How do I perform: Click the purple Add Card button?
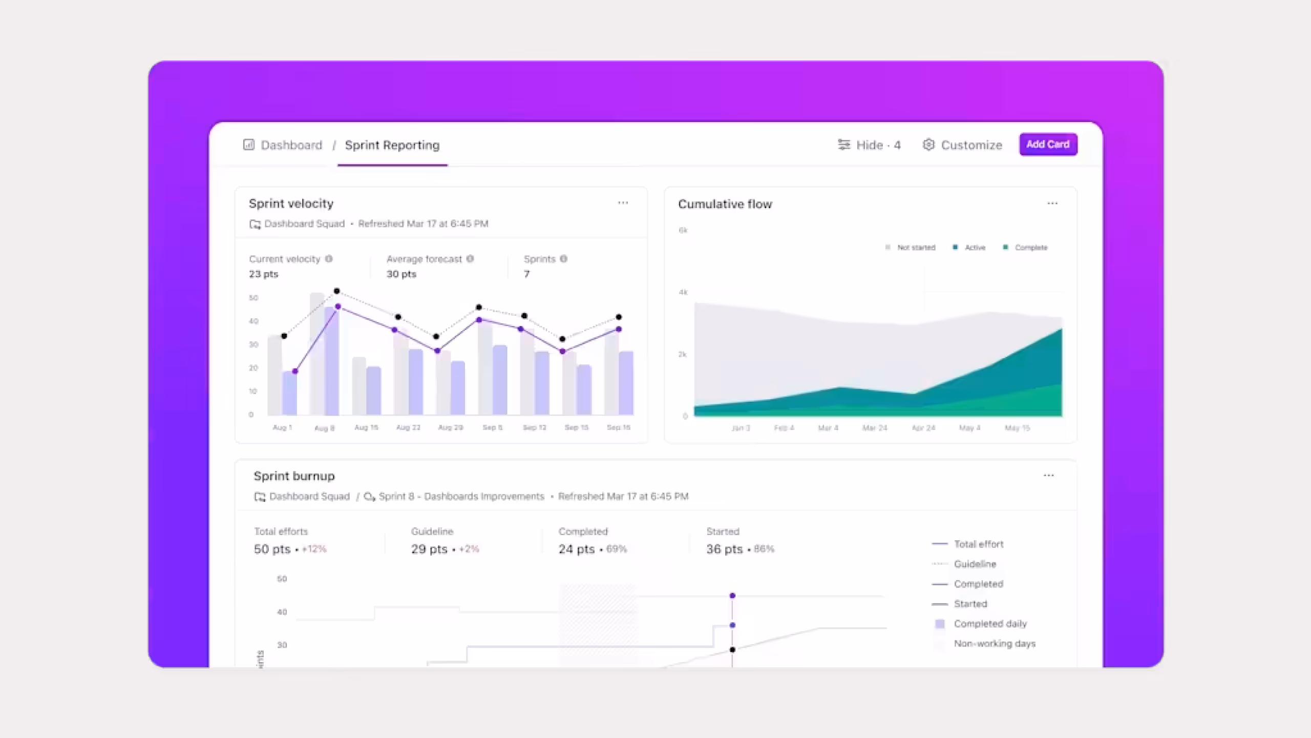click(x=1048, y=145)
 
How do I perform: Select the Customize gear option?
click(x=962, y=145)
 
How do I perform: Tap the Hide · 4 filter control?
click(x=869, y=145)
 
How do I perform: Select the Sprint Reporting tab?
click(x=392, y=145)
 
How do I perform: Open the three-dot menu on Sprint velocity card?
click(x=623, y=203)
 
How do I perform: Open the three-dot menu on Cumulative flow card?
click(x=1052, y=203)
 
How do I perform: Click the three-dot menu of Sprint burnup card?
click(x=1048, y=476)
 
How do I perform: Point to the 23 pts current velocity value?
click(x=264, y=274)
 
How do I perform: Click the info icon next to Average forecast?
click(x=470, y=259)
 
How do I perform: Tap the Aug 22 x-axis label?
click(x=408, y=427)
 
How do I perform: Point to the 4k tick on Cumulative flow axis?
click(x=683, y=292)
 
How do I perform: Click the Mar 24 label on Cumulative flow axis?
click(x=875, y=428)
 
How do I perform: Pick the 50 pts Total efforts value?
click(x=272, y=549)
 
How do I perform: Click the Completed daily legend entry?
click(x=989, y=624)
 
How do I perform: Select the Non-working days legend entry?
click(x=994, y=644)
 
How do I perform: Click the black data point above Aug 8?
click(x=336, y=291)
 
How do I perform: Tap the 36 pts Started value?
click(x=724, y=549)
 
